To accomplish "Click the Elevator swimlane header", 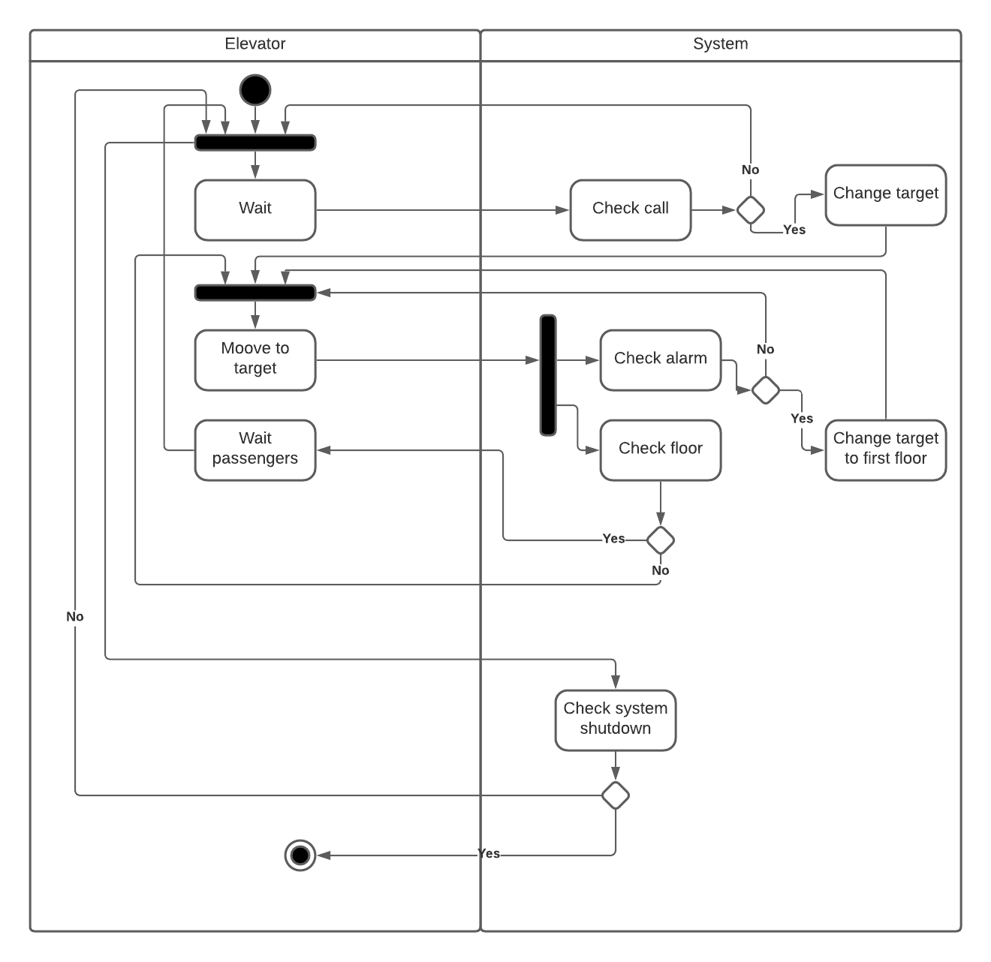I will pos(255,44).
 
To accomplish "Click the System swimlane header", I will pos(720,44).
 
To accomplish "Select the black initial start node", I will pos(255,90).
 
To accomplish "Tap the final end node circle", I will pos(300,855).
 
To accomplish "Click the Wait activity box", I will pos(255,209).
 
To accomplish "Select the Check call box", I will pos(630,209).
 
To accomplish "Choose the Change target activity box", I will pos(885,194).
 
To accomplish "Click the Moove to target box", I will pos(255,359).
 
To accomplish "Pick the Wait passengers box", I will pos(255,449).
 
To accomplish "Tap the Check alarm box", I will pos(660,359).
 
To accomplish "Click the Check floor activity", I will pos(660,449).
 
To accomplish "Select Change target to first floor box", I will pos(885,449).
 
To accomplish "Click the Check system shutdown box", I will pos(615,720).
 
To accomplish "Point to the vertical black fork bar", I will pos(548,374).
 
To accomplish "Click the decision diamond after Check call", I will pos(750,209).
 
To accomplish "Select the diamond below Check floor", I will pos(660,540).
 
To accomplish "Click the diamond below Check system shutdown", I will pos(615,795).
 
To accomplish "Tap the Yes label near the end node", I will pos(489,854).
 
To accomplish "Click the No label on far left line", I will pos(75,616).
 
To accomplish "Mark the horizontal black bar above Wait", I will pos(255,143).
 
